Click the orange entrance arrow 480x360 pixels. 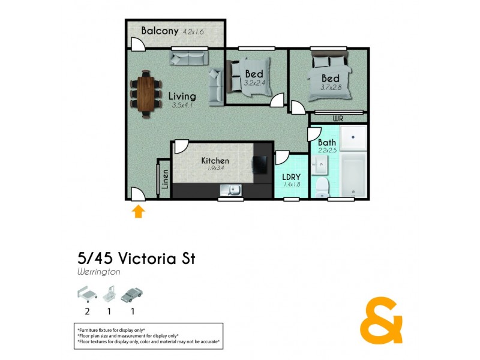tap(139, 211)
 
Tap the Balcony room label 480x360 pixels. tap(160, 31)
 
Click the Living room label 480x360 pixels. tap(181, 97)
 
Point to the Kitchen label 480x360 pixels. tap(215, 161)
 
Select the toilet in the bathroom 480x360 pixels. tap(322, 187)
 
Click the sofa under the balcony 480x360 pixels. tap(188, 58)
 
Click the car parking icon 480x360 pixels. tap(133, 295)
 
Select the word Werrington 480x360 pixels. tap(98, 272)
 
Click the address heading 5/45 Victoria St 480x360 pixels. tap(136, 259)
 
